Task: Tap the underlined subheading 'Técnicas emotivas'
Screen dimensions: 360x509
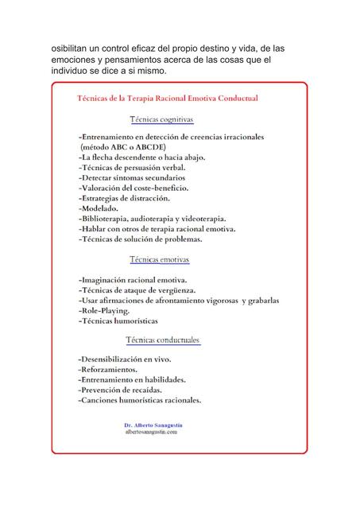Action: pos(159,259)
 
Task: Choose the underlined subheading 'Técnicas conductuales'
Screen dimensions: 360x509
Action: pos(164,340)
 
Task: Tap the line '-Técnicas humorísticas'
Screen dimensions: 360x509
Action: pos(118,321)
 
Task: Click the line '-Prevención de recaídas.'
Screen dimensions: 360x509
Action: pos(121,390)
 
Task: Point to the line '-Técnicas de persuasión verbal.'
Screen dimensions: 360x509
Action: pos(133,168)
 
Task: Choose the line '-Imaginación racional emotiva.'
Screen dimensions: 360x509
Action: pos(133,281)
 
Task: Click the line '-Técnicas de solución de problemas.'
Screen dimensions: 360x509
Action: pos(141,239)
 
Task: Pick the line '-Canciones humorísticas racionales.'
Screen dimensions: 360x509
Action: pos(140,401)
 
